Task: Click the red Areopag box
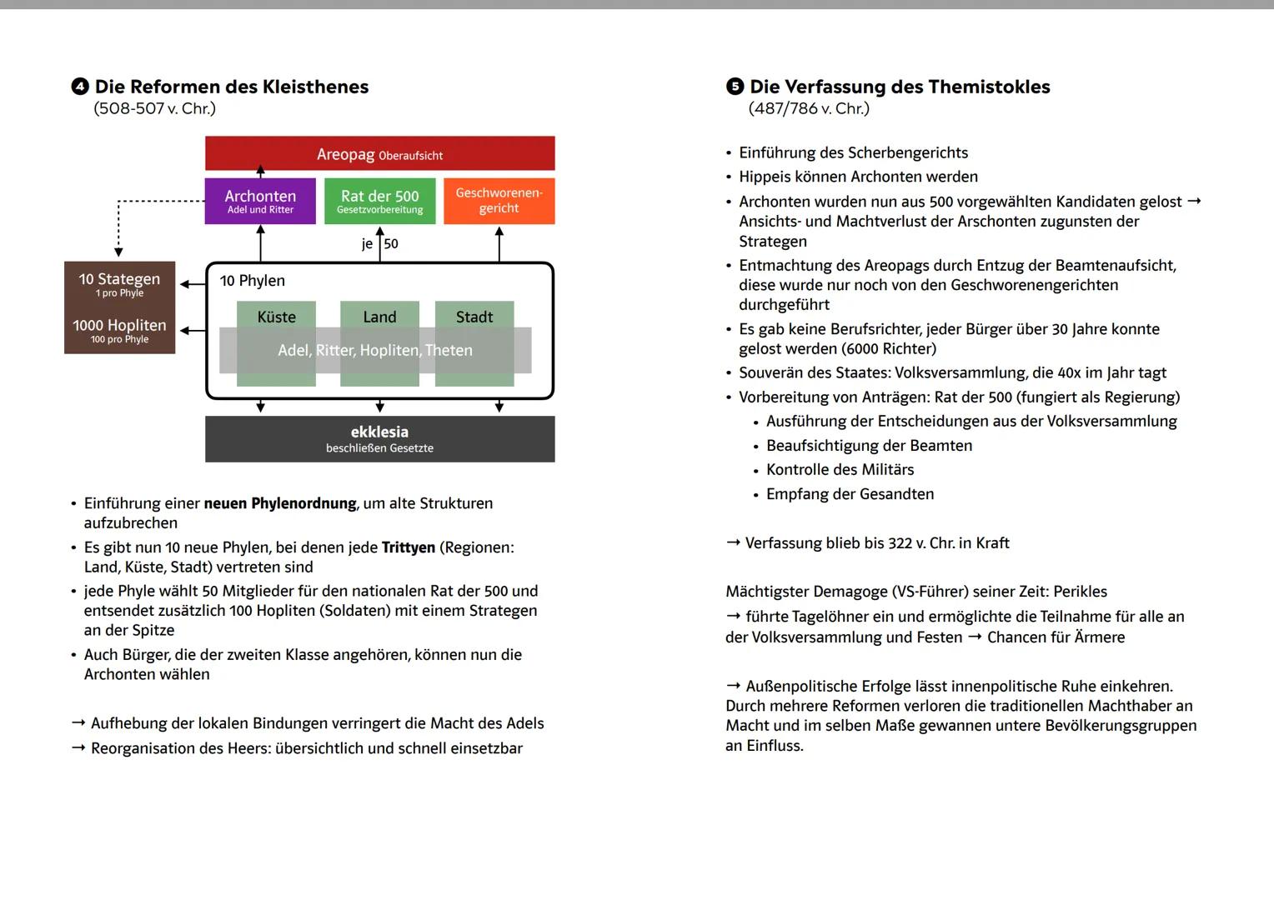coord(379,154)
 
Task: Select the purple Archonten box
coord(260,201)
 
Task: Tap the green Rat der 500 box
coord(379,201)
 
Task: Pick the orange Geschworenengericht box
coord(499,201)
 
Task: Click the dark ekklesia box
coord(379,439)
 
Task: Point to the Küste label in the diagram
coord(276,317)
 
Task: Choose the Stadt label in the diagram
coord(474,317)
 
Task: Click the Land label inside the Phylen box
coord(379,317)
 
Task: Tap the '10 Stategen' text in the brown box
coord(119,279)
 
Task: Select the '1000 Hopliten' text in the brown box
coord(119,326)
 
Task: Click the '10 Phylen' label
coord(252,281)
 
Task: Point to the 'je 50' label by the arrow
coord(380,244)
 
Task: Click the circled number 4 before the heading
coord(80,87)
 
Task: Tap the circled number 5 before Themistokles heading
coord(735,87)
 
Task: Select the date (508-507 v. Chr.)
coord(154,108)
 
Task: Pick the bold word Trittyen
coord(409,547)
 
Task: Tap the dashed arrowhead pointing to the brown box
coord(118,252)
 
